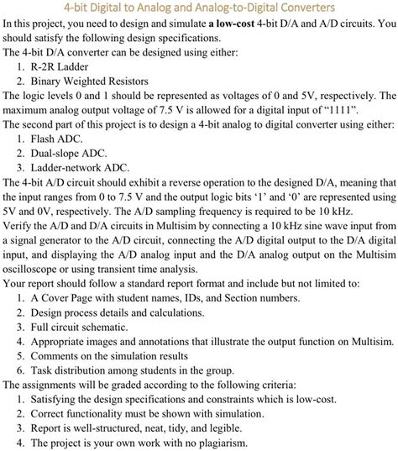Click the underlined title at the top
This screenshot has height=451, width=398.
pos(198,8)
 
